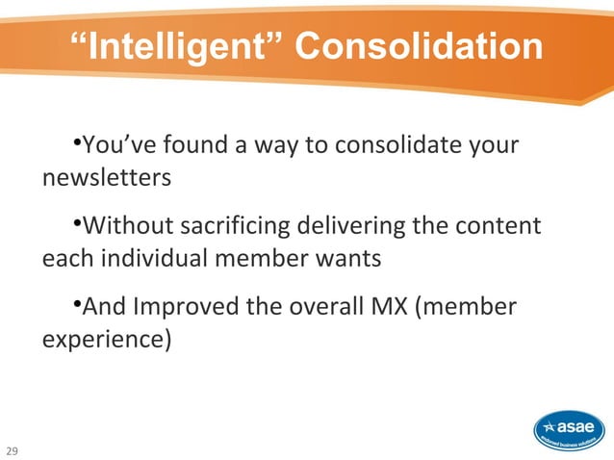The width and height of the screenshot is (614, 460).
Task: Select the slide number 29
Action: click(13, 449)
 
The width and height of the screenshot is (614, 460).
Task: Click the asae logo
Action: click(570, 429)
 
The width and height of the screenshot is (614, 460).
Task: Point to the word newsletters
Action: click(107, 179)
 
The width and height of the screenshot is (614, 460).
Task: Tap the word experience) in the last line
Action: click(107, 340)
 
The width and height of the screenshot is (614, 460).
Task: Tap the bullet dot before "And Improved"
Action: click(76, 305)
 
